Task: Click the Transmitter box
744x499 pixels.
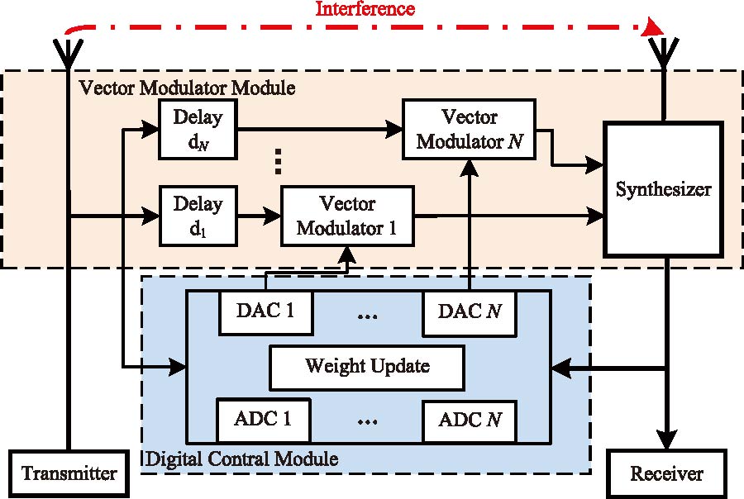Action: click(69, 473)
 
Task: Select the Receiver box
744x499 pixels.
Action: click(666, 473)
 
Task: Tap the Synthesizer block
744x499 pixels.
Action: click(663, 189)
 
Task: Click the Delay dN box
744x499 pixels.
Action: click(198, 130)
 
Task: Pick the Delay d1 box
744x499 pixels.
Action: click(198, 216)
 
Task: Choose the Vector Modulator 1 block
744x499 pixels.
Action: click(346, 216)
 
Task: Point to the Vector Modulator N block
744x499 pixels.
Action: click(468, 128)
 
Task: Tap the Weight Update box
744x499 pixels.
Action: click(366, 365)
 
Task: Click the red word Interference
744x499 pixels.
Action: click(366, 10)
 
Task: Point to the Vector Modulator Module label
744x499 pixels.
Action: click(186, 87)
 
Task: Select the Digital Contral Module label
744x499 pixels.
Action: click(241, 458)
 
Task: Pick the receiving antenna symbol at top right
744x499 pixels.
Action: click(664, 54)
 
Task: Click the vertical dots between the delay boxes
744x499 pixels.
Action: click(279, 162)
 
